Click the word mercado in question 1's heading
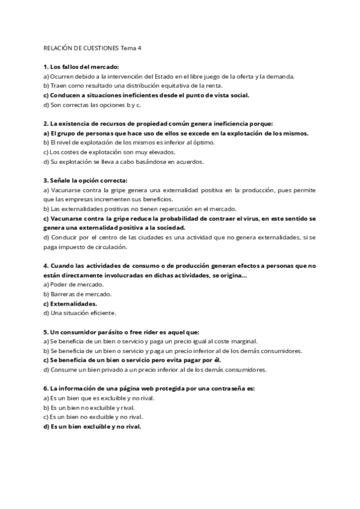(x=104, y=67)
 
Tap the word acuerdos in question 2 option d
(x=190, y=161)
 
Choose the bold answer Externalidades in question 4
(x=74, y=304)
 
